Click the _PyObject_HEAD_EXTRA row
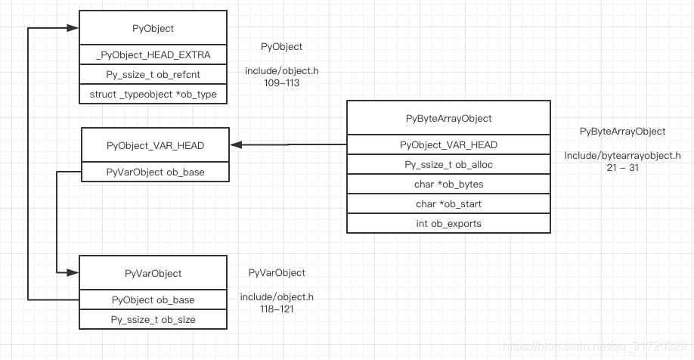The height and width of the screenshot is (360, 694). tap(153, 55)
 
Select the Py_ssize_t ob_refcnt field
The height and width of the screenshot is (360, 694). tap(153, 74)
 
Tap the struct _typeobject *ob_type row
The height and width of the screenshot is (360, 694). tap(153, 94)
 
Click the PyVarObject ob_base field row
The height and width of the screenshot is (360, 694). tap(155, 172)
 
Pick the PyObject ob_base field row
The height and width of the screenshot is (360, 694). tap(153, 300)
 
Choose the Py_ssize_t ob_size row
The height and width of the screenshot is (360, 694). tap(153, 319)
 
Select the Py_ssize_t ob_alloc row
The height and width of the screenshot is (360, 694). tap(448, 164)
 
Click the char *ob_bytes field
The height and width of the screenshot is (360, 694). tap(448, 184)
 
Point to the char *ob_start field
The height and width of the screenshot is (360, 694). tap(448, 203)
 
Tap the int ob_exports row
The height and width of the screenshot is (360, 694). tap(448, 223)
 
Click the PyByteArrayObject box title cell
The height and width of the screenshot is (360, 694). tap(448, 119)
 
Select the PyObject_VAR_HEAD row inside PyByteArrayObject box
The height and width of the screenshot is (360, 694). tap(448, 144)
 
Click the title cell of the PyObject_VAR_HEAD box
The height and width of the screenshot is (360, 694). tap(155, 144)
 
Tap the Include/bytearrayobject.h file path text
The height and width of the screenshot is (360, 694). tap(622, 156)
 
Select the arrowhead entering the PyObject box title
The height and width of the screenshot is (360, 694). tap(73, 28)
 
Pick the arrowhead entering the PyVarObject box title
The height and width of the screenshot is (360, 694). tap(73, 272)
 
